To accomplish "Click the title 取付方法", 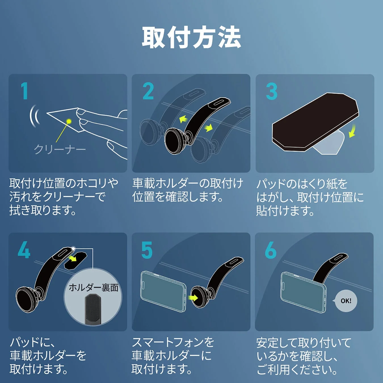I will pos(191,38).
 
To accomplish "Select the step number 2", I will pos(148,91).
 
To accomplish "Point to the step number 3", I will pos(272,91).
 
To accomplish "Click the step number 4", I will pos(24,250).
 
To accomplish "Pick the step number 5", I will pos(147,250).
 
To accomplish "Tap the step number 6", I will pos(270,250).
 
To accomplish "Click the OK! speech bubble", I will pos(346,301).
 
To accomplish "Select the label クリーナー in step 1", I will pos(60,149).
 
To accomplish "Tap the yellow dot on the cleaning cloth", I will pos(69,121).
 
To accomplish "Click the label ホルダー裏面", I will pos(93,287).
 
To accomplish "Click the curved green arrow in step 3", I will pos(352,131).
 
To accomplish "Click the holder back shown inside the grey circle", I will pos(93,309).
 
